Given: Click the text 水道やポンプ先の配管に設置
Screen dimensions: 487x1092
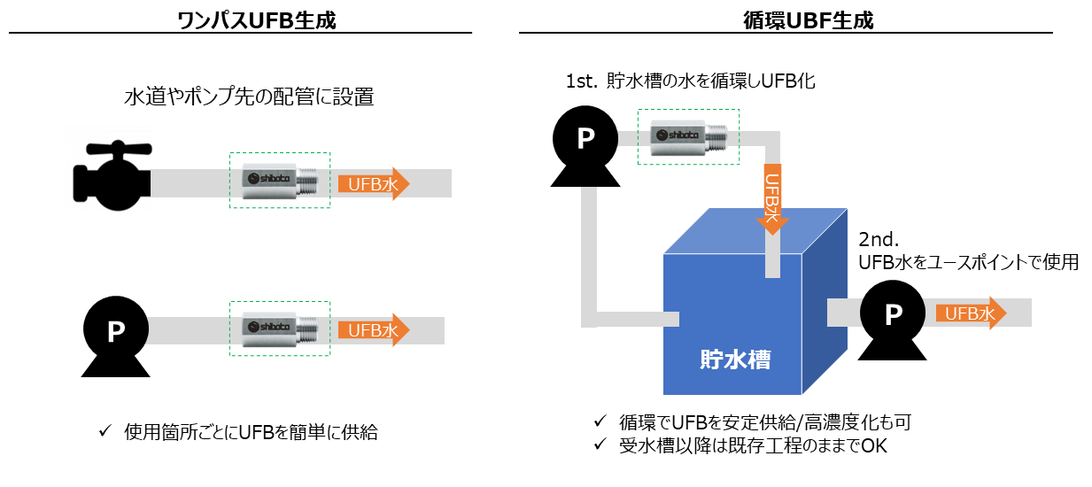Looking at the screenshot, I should [x=249, y=97].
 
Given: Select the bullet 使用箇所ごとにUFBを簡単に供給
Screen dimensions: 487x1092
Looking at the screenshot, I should [x=251, y=433].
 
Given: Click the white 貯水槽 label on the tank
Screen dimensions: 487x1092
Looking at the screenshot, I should [x=734, y=359].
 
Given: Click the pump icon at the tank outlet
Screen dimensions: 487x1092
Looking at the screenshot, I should [x=893, y=313].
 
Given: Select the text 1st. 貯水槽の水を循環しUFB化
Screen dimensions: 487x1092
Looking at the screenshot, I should [x=690, y=82].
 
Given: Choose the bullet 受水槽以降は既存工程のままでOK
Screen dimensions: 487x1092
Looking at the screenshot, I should [x=752, y=445].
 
